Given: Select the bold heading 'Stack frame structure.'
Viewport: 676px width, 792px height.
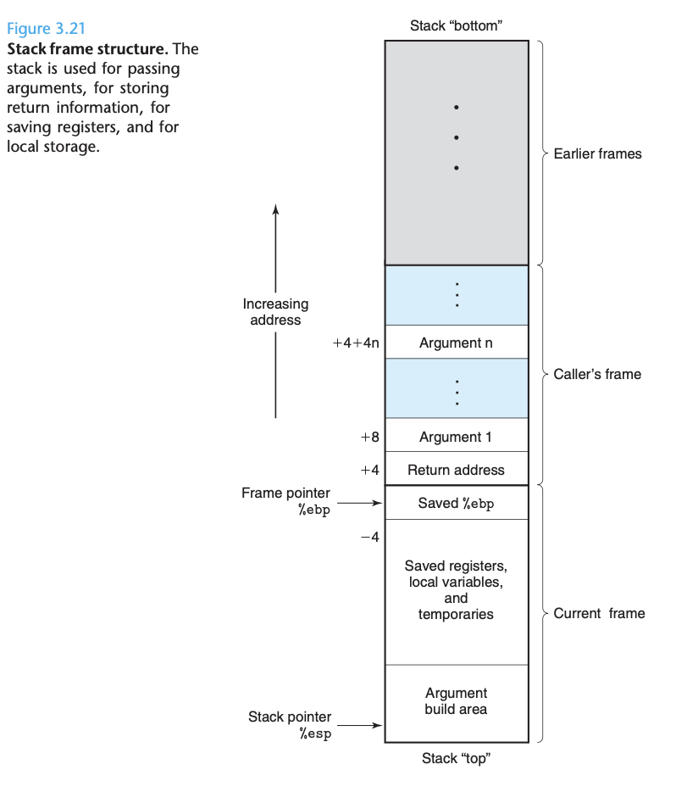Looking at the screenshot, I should coord(80,48).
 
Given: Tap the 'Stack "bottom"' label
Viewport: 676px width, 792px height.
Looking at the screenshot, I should coord(456,26).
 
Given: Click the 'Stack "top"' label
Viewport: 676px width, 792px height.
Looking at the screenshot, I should coord(456,759).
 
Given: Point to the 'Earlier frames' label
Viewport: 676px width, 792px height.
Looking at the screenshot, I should coord(597,153).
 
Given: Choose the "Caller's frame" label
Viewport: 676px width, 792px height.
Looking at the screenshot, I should coord(597,374).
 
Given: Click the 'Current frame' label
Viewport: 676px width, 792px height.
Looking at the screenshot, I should coord(599,613).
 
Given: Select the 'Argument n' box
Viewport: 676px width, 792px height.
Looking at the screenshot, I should coord(456,343).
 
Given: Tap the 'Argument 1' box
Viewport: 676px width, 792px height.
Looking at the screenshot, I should coord(456,437).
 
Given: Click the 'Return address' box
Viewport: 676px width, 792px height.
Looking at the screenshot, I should coord(456,470).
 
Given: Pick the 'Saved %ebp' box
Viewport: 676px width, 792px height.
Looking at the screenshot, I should coord(456,503).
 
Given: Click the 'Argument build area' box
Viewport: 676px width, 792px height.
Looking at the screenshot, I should coord(456,701).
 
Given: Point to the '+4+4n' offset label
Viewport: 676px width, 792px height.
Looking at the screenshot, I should coord(356,343).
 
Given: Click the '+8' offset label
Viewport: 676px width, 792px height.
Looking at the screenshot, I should coord(369,438).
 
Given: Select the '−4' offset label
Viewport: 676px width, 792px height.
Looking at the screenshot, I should coord(369,537).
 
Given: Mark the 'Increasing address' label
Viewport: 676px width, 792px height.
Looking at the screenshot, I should coord(275,311).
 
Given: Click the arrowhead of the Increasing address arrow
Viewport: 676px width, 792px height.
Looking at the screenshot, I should coord(275,209).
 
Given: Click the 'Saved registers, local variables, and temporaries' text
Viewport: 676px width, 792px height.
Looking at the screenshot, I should coord(456,589).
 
